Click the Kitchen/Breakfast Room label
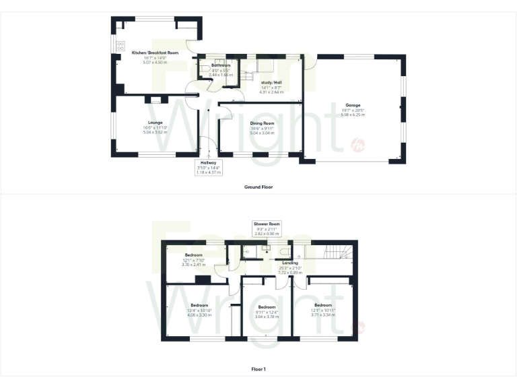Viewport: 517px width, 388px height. (155, 52)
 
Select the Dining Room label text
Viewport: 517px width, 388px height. (262, 123)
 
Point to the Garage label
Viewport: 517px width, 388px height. (353, 105)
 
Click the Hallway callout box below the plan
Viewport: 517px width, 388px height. (207, 168)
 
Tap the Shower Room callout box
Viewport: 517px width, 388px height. (266, 227)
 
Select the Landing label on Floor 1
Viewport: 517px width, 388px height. (280, 263)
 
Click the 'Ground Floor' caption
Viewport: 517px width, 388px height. (259, 187)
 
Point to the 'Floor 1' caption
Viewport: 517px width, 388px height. (258, 369)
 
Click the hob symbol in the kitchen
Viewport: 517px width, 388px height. (120, 46)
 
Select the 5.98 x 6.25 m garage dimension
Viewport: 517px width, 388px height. (353, 115)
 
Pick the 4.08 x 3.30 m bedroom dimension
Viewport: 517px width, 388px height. (199, 315)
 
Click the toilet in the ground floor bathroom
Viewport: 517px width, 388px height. (205, 71)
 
